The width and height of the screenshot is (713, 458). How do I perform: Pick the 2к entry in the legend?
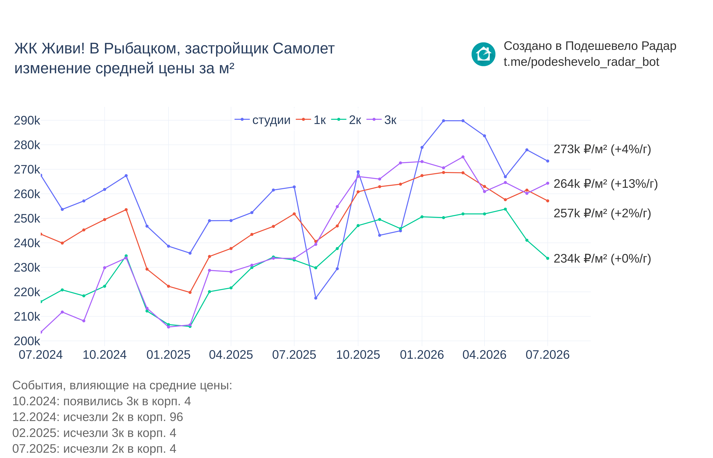(346, 120)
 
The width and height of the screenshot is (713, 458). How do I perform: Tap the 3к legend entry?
(381, 120)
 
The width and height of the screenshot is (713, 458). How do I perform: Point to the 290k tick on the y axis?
(27, 120)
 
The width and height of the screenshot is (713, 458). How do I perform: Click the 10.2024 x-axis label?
(104, 355)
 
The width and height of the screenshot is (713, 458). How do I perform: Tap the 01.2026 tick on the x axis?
(422, 355)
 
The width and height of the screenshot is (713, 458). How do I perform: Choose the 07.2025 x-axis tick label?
(294, 355)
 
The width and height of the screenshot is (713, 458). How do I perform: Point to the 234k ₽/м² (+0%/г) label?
(602, 259)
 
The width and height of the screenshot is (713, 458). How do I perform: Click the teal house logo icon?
(483, 54)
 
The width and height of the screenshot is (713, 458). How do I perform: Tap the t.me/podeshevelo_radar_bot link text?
(581, 62)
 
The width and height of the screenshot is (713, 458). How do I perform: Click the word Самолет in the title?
(304, 49)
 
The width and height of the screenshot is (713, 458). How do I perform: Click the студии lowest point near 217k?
(316, 298)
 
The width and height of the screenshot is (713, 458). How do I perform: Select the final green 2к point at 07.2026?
(547, 259)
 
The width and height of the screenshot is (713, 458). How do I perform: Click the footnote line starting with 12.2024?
(98, 417)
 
